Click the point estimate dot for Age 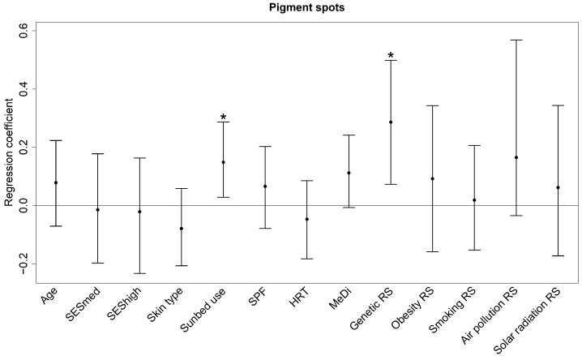(56, 182)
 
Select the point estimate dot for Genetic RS (391, 122)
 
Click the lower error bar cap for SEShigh (139, 273)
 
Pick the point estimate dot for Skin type (181, 229)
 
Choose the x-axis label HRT (297, 302)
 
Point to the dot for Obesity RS (432, 178)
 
